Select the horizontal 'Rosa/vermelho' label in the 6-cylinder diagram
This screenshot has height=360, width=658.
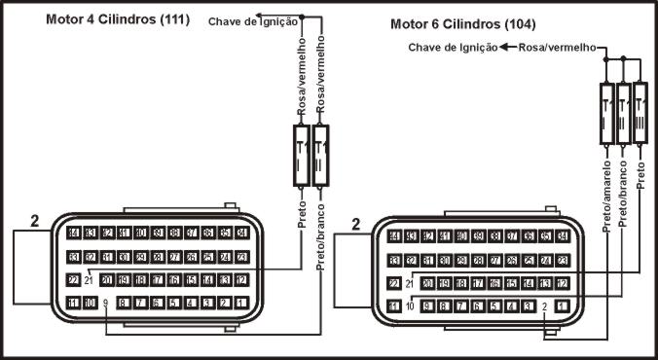[x=556, y=46]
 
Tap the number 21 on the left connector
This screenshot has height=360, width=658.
[x=89, y=281]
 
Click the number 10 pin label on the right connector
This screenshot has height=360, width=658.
[x=410, y=306]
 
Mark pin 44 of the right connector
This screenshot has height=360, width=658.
[x=394, y=236]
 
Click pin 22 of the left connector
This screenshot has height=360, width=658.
[x=73, y=280]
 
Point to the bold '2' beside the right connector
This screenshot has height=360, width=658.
[x=355, y=225]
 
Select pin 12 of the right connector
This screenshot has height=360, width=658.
[x=563, y=283]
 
